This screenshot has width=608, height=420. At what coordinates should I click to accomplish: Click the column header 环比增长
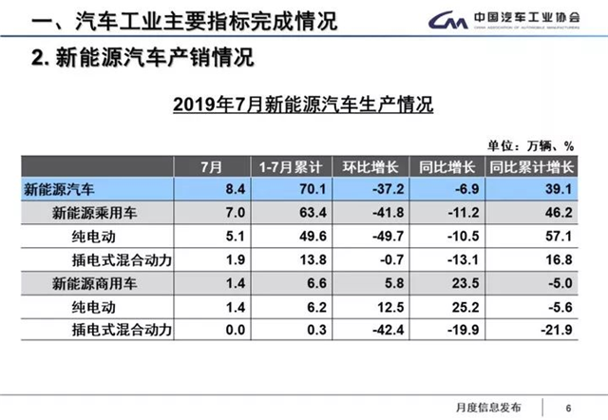coord(364,167)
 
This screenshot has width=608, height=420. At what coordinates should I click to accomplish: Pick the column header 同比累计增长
coord(531,167)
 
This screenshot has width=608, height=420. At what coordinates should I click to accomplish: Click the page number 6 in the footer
coord(569,403)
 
